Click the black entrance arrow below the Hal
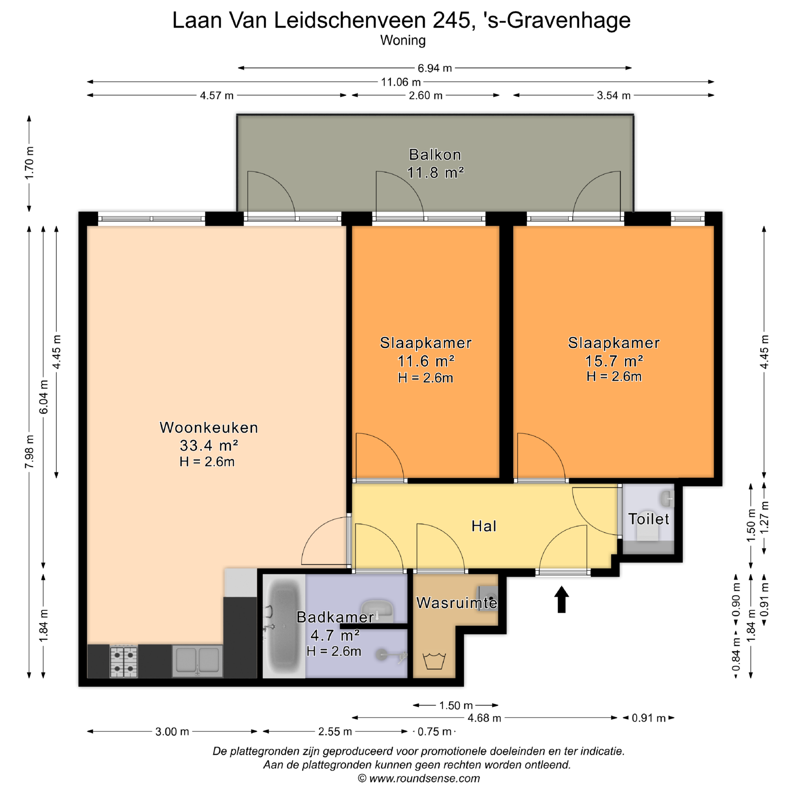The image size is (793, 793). pyautogui.click(x=561, y=600)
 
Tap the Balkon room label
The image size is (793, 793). pyautogui.click(x=435, y=154)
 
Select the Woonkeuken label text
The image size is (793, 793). pyautogui.click(x=209, y=427)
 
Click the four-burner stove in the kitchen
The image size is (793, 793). pyautogui.click(x=123, y=662)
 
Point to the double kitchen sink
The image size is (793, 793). pyautogui.click(x=197, y=661)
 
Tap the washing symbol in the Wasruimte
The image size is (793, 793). pyautogui.click(x=434, y=661)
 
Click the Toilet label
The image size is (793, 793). pyautogui.click(x=648, y=519)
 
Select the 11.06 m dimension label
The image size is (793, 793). pyautogui.click(x=401, y=82)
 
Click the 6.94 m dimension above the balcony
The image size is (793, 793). pyautogui.click(x=434, y=68)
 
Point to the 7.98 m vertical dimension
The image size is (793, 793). pyautogui.click(x=29, y=452)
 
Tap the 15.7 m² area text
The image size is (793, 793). pyautogui.click(x=614, y=361)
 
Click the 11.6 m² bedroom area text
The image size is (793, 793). pyautogui.click(x=426, y=361)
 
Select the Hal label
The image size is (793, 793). pyautogui.click(x=484, y=526)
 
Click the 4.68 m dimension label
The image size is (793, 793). pyautogui.click(x=484, y=718)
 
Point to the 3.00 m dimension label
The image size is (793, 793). pyautogui.click(x=172, y=731)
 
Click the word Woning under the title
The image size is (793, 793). pyautogui.click(x=403, y=40)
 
